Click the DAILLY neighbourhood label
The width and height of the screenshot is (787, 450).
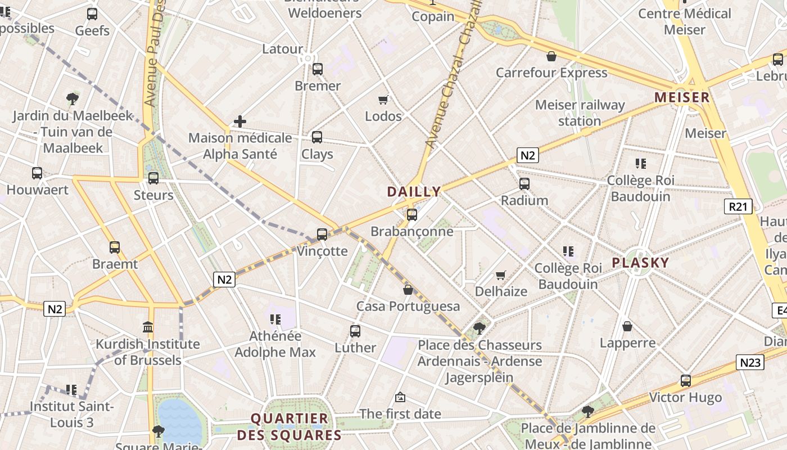coord(414,192)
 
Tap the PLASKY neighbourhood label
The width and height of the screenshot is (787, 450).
coord(640,263)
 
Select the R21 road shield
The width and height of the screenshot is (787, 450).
coord(738,206)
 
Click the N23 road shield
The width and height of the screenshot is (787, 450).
coord(750,362)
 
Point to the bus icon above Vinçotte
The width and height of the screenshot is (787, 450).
coord(322,235)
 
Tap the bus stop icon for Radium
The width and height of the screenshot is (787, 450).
coord(524,184)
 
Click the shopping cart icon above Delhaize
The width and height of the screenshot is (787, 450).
coord(501,275)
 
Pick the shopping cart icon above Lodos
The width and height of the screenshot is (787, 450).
coord(383,100)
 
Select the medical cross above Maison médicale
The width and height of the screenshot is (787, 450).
coord(240,121)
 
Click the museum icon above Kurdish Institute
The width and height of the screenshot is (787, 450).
coord(148,327)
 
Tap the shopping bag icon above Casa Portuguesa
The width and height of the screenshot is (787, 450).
coord(408,290)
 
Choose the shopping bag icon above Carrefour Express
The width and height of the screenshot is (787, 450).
coord(551,56)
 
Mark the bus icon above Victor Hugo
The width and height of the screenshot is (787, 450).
coord(685,381)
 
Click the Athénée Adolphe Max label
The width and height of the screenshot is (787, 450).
coord(275,344)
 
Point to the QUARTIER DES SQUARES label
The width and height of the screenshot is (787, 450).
coord(290,426)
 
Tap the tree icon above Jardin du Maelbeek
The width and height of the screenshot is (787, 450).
coord(72,100)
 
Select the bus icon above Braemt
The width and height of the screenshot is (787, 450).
coord(115,247)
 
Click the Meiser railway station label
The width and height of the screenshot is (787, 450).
coord(580,112)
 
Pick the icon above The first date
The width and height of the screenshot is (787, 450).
coord(400,398)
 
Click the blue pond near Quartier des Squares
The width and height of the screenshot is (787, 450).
coord(178,421)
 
